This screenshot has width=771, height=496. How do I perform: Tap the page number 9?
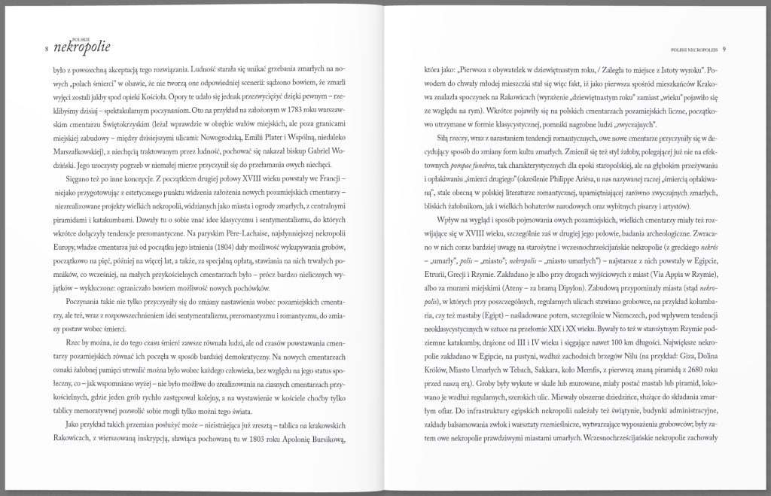(x=724, y=50)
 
